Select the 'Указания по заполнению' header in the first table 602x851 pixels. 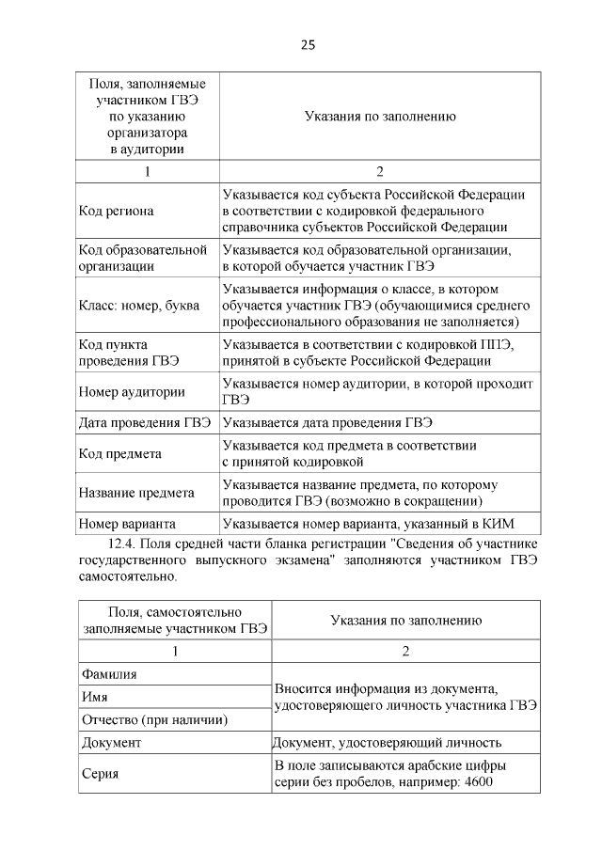[380, 117]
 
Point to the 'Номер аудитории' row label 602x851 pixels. [132, 391]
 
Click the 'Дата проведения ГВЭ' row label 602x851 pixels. [145, 422]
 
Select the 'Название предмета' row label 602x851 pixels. [136, 492]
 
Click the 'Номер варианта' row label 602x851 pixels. [128, 523]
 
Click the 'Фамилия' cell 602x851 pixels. [109, 674]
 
